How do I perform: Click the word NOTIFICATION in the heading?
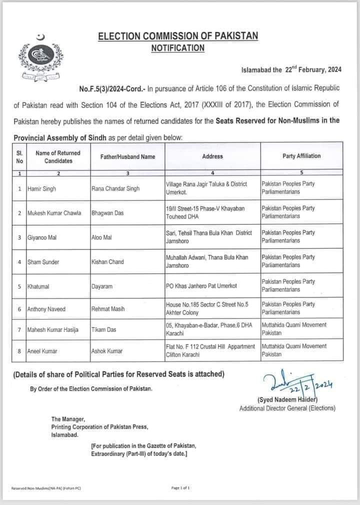178,48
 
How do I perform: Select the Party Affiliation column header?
301,156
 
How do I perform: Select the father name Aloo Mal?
101,237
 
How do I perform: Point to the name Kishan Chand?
107,261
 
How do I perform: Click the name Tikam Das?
103,330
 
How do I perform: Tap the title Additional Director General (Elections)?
287,408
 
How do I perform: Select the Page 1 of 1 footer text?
180,487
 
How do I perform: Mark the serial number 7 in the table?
19,330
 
